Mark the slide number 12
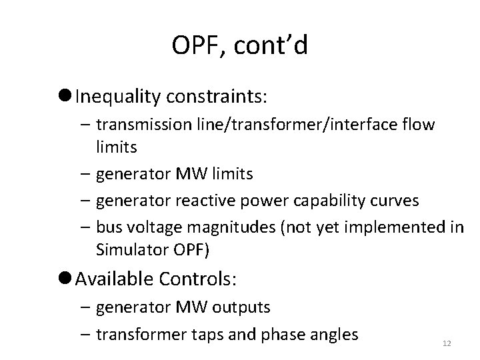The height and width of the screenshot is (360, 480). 447,343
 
